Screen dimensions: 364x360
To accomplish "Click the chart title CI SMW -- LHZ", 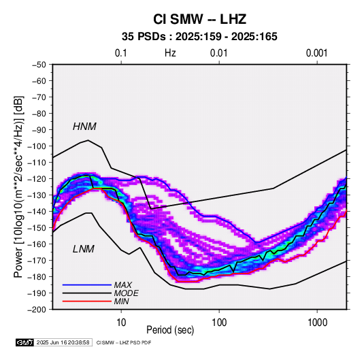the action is pos(199,19).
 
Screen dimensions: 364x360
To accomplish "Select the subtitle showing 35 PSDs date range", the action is pos(199,37).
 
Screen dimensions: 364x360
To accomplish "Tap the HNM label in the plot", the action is pos(84,127).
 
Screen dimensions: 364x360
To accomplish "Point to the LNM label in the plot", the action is pos(84,249).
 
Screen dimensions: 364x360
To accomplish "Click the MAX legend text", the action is pos(123,285).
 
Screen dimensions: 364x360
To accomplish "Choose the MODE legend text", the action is pos(127,293).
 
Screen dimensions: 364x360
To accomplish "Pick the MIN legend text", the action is pos(121,301).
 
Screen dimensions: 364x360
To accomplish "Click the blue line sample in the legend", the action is pos(87,285).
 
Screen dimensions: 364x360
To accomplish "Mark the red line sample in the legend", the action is pos(87,301).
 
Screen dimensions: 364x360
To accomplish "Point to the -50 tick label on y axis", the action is pos(39,65).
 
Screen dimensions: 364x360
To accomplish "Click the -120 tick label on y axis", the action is pos(37,179).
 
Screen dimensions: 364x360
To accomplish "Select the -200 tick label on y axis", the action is pos(37,310).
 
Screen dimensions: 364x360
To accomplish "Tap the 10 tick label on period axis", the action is pos(121,323).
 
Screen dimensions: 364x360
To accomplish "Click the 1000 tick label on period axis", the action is pos(317,323).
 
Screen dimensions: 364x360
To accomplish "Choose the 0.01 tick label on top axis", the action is pos(219,53).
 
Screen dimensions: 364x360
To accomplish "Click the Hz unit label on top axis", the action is pos(170,53).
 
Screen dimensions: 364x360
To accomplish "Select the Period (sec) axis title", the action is pos(170,330).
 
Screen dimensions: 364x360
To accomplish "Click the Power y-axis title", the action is pos(18,187).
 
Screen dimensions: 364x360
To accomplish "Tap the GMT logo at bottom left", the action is pos(25,342).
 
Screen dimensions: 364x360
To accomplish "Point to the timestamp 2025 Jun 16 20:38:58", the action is pos(63,342).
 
